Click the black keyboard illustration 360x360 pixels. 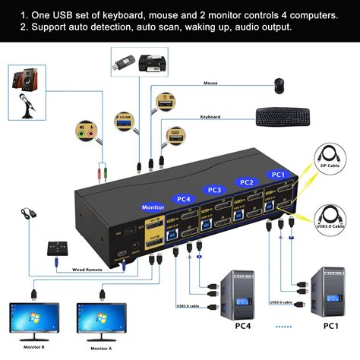pos(282,116)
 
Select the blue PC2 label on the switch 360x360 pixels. pos(245,182)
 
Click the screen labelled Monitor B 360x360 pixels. pos(33,320)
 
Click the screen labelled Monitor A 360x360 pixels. pos(102,320)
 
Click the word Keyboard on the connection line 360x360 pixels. pos(210,117)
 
